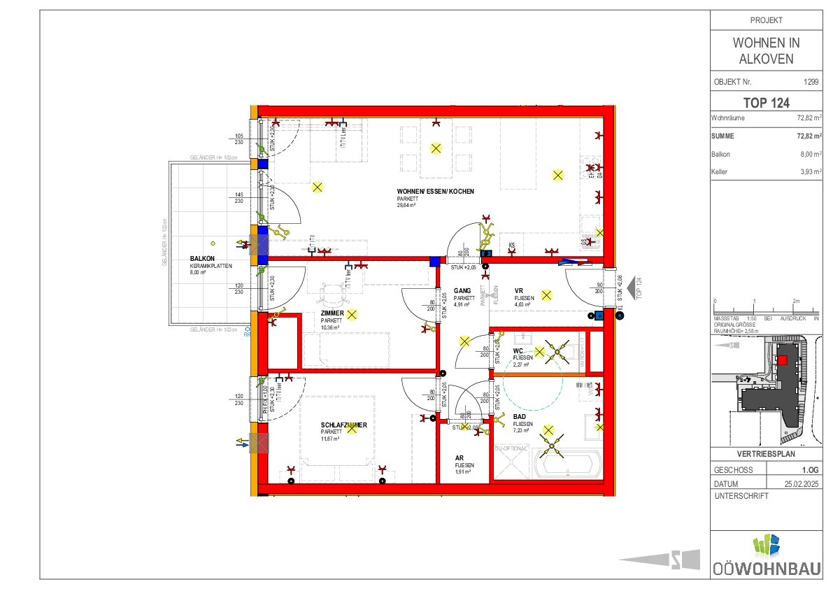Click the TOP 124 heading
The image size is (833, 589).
pos(766,102)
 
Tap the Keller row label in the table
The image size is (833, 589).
pos(720,171)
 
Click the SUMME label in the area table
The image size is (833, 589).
pos(724,136)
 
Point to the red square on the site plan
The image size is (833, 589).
pos(783,360)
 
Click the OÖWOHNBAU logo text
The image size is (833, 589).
pos(767,568)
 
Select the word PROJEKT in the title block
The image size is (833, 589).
pos(766,20)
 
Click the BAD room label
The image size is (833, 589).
pos(520,416)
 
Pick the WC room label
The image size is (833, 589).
pos(518,350)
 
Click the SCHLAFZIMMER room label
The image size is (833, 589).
pos(343,425)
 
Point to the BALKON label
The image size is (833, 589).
pos(201,259)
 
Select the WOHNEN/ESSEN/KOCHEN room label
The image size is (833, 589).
pos(436,191)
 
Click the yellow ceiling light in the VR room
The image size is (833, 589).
pos(547,294)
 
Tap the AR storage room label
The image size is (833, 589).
pos(460,457)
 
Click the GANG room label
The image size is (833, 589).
pos(462,290)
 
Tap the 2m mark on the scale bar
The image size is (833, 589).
pos(796,301)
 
